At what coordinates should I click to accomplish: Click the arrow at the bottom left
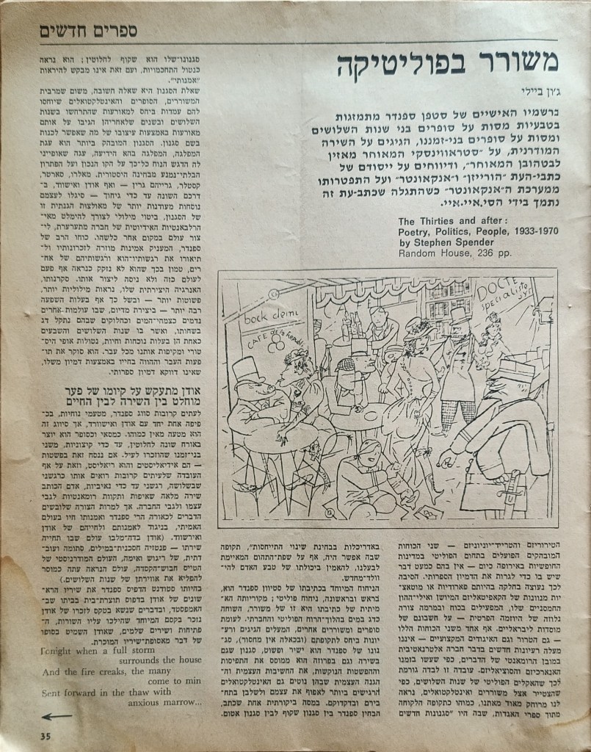57,716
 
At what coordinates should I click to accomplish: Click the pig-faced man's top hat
247,371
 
